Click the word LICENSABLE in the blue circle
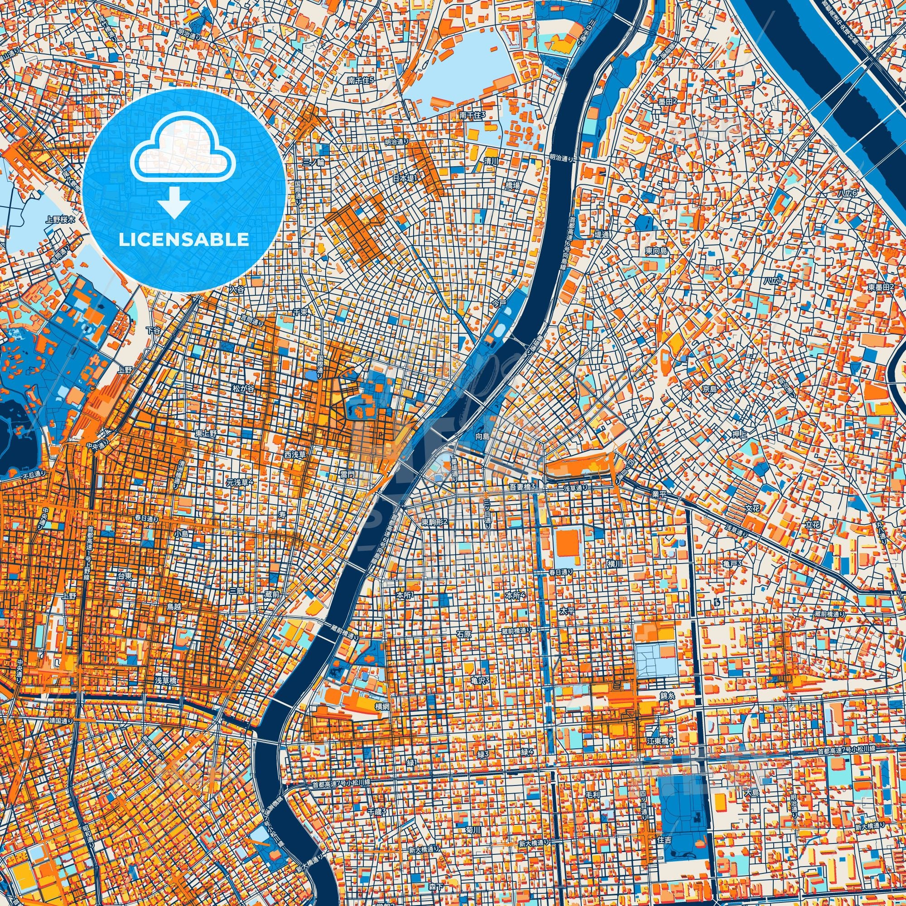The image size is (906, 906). coord(184,240)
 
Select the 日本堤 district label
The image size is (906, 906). coord(404,178)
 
